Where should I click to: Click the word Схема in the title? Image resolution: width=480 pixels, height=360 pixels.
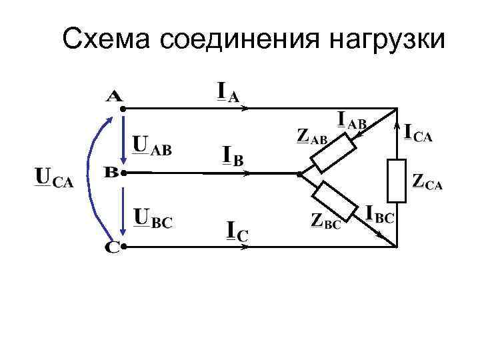(x=107, y=39)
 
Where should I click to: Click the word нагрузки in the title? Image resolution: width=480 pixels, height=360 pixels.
(x=386, y=41)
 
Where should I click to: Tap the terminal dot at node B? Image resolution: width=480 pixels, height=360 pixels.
(x=124, y=173)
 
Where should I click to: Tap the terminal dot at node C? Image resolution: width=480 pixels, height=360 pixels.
(x=124, y=247)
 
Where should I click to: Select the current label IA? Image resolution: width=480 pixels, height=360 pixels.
(x=227, y=92)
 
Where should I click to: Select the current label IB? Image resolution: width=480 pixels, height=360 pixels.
(x=232, y=157)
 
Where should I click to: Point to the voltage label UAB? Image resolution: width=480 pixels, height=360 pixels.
(x=152, y=145)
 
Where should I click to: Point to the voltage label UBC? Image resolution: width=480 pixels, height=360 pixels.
(x=153, y=218)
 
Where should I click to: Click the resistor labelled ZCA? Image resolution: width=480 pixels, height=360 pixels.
(x=397, y=180)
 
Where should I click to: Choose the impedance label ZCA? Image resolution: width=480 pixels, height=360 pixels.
(x=427, y=181)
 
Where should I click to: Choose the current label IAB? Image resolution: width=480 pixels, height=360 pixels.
(x=353, y=121)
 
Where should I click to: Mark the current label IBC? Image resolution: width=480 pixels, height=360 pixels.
(x=381, y=215)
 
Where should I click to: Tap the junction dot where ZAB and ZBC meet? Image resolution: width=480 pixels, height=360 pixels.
(x=299, y=173)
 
